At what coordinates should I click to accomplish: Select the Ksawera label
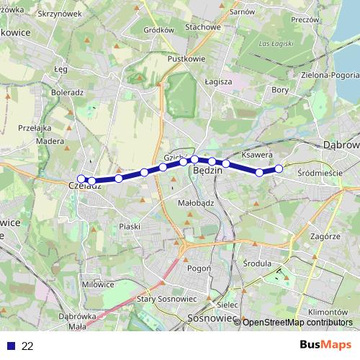[256, 155]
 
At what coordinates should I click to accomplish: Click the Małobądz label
[195, 203]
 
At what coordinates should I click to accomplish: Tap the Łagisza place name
[217, 81]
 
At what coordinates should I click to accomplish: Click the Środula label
[256, 263]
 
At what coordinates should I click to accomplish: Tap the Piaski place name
[130, 226]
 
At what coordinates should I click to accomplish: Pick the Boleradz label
[68, 92]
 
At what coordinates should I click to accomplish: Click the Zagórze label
[326, 235]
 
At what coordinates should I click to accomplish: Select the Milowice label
[98, 284]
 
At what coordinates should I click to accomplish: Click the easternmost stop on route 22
[279, 169]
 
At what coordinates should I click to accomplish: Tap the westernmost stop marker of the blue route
[81, 179]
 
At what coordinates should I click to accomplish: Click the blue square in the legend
[11, 346]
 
